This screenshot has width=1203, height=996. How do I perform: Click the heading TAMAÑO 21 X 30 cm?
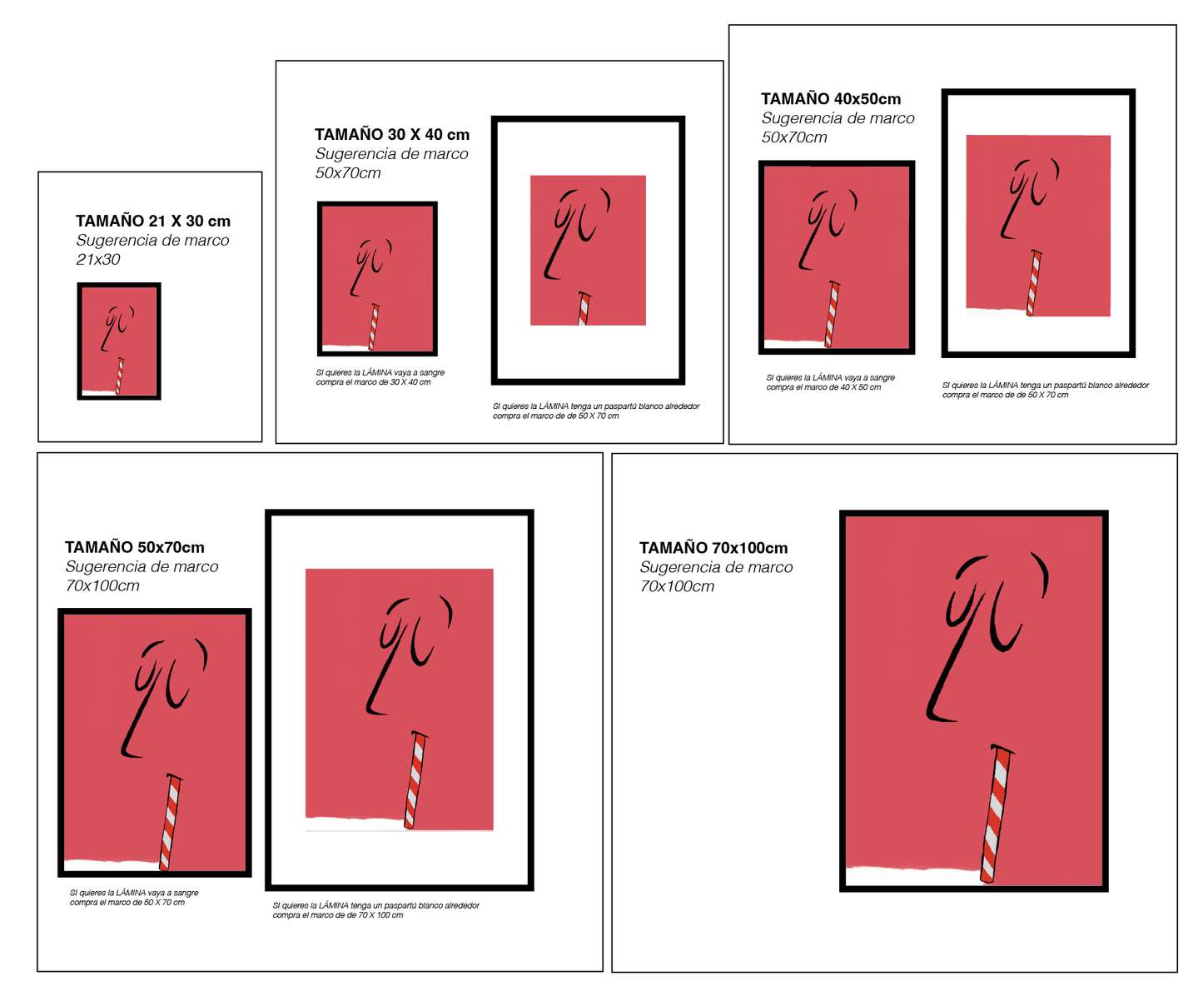pyautogui.click(x=152, y=221)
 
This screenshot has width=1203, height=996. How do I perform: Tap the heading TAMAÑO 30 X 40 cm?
pyautogui.click(x=392, y=134)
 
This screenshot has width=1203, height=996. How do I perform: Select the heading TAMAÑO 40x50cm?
pyautogui.click(x=831, y=98)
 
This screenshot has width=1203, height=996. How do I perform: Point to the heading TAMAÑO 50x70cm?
pyautogui.click(x=134, y=547)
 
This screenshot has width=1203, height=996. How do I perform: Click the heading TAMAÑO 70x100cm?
pyautogui.click(x=713, y=548)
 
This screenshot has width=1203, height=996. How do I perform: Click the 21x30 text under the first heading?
pyautogui.click(x=98, y=259)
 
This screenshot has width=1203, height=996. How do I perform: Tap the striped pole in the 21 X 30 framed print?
pyautogui.click(x=119, y=376)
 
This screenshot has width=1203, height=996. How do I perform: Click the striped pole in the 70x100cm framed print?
pyautogui.click(x=997, y=814)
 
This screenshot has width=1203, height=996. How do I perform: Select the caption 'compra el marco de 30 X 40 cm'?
pyautogui.click(x=373, y=382)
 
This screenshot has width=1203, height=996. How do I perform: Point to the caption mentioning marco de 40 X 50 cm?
pyautogui.click(x=823, y=387)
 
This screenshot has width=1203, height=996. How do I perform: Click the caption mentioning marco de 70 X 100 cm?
pyautogui.click(x=338, y=915)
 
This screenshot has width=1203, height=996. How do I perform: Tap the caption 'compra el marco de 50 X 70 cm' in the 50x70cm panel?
pyautogui.click(x=127, y=903)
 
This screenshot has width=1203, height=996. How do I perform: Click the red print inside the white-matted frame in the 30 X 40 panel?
pyautogui.click(x=588, y=250)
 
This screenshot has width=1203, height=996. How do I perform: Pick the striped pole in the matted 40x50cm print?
pyautogui.click(x=1034, y=283)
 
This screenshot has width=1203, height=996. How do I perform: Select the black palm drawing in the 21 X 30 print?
pyautogui.click(x=117, y=328)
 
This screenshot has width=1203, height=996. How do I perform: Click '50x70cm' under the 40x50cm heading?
pyautogui.click(x=794, y=137)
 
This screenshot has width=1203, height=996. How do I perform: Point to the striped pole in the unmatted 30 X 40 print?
pyautogui.click(x=373, y=326)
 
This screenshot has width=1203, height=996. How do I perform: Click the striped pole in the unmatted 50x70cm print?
pyautogui.click(x=170, y=822)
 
